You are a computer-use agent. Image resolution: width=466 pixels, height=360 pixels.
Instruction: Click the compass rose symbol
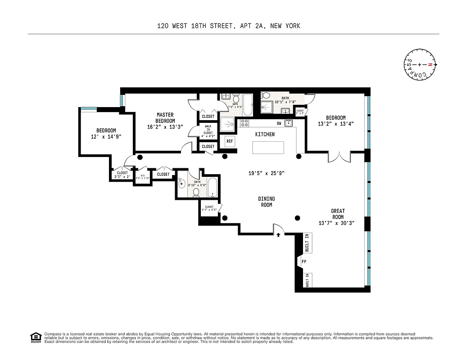420,65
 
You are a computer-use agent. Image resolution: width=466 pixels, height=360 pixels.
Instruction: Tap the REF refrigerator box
230,141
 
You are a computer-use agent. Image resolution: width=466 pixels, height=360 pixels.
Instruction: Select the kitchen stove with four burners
245,122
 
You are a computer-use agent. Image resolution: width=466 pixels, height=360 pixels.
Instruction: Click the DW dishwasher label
279,123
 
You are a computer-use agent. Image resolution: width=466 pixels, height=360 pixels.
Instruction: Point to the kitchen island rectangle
268,148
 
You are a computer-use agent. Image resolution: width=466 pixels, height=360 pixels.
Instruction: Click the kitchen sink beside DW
289,123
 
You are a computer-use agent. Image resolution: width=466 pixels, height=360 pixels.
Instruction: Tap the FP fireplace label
304,261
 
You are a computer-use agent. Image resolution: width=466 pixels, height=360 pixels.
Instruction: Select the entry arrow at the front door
279,234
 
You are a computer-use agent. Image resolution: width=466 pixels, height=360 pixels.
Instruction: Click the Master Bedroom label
165,118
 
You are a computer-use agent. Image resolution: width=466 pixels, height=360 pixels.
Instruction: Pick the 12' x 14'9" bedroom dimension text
106,136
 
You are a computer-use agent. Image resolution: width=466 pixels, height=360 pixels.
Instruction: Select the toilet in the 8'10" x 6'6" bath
196,193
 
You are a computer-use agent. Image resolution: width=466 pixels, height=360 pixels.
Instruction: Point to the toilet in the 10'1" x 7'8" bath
266,95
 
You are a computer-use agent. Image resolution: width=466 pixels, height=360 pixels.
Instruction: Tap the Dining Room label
267,202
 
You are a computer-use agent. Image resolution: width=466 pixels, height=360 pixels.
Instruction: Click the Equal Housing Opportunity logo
35,337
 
